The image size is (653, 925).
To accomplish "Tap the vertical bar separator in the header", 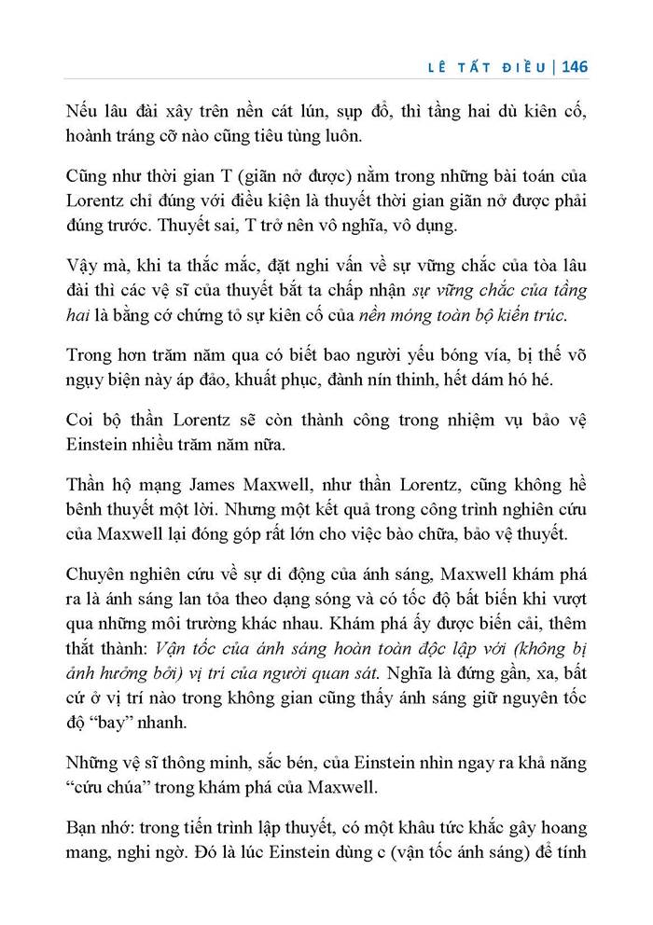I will point(554,67).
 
